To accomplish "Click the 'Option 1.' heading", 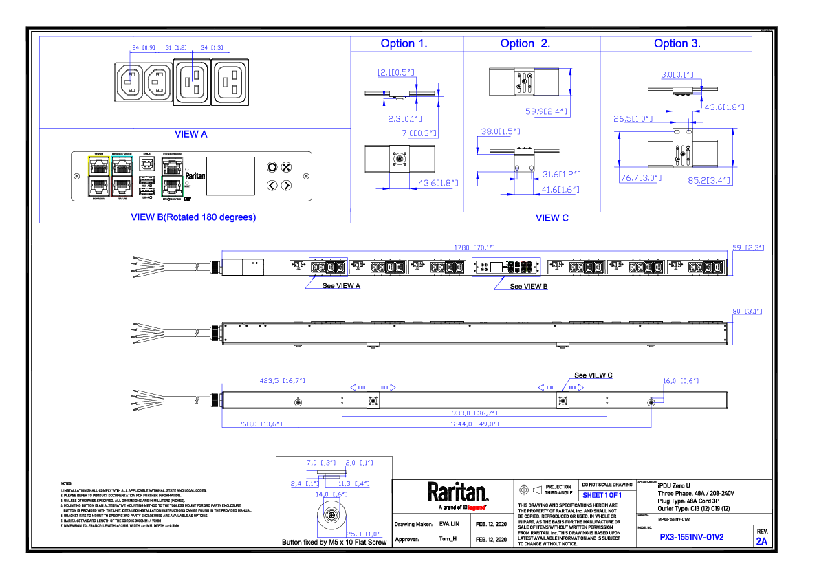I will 404,43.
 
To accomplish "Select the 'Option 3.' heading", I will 677,43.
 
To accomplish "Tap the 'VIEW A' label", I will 190,134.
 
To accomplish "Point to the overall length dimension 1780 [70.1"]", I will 473,248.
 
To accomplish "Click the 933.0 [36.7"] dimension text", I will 474,413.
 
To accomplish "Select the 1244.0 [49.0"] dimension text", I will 474,424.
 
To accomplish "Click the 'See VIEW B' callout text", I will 529,286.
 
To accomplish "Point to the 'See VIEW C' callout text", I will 593,375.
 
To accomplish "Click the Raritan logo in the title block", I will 458,493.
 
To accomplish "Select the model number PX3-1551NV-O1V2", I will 691,537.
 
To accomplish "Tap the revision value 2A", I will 761,541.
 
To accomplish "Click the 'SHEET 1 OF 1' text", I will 602,495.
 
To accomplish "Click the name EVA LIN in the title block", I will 448,524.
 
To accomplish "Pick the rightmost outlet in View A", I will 229,81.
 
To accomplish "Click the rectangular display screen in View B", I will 230,175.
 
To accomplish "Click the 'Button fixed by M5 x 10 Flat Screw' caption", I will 334,542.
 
